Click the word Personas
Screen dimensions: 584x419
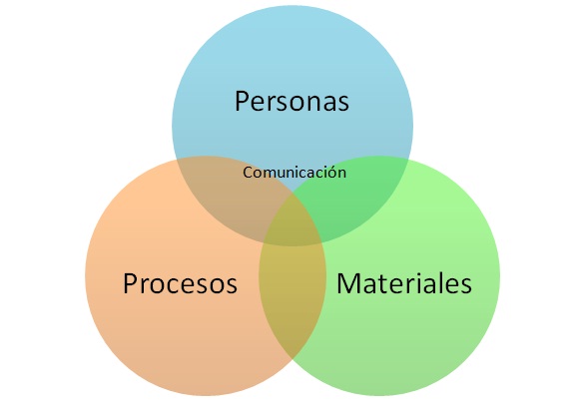coord(292,101)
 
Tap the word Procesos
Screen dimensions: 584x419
coord(180,283)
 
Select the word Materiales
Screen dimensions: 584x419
coord(404,283)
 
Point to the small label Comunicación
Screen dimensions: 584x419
coord(294,173)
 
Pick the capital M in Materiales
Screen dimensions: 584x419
coord(346,283)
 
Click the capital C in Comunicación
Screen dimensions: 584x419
coord(248,173)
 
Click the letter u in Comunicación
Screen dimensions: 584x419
coord(279,175)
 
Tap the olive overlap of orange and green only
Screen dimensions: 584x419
coord(292,297)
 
